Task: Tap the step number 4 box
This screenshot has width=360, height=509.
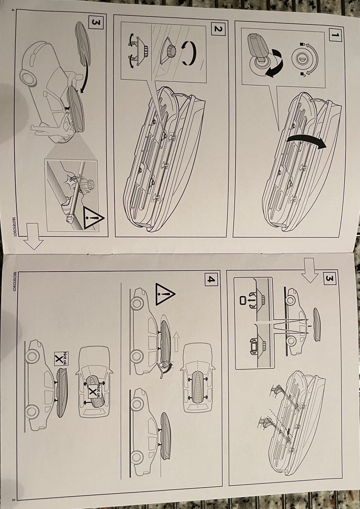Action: (x=211, y=279)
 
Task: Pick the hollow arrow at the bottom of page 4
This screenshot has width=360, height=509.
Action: (x=33, y=236)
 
